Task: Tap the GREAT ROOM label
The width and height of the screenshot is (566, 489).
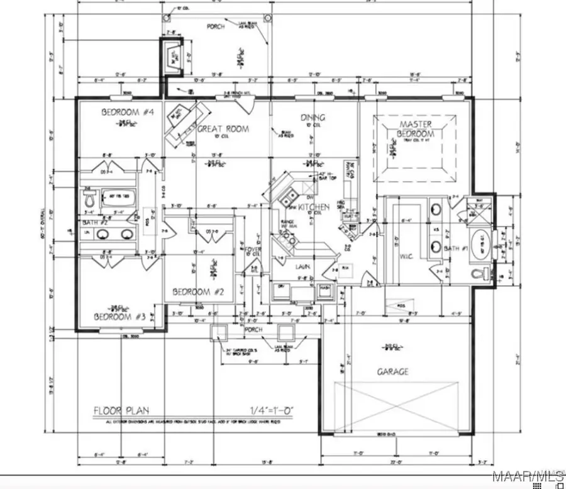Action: coord(223,129)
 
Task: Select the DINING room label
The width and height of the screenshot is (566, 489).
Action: coord(313,118)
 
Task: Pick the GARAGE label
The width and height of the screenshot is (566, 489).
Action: coord(393,371)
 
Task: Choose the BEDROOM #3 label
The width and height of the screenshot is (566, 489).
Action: coord(120,317)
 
